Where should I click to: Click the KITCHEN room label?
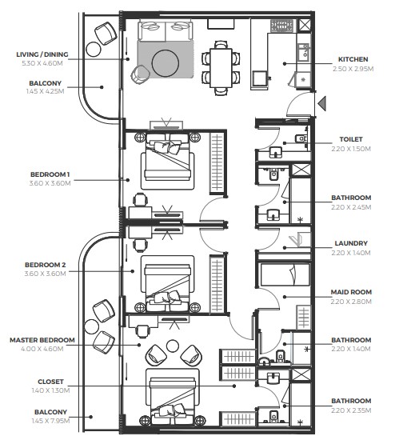click(353, 59)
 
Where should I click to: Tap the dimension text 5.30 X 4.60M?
click(42, 63)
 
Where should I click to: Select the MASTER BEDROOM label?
click(42, 340)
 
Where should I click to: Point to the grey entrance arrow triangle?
click(321, 103)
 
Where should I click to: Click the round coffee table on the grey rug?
click(166, 63)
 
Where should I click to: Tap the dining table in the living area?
click(221, 68)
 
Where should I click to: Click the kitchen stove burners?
click(281, 26)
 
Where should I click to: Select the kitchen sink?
click(304, 52)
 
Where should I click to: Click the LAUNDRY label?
click(351, 243)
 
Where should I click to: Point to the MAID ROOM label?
click(351, 292)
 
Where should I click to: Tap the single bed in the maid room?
click(285, 274)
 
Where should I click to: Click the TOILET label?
click(351, 139)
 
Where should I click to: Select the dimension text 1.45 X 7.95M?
click(50, 421)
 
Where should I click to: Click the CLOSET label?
click(50, 382)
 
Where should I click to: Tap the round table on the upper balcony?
click(94, 50)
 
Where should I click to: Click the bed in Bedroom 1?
click(168, 161)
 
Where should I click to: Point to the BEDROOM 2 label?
click(46, 265)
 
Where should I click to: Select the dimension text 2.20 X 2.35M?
click(351, 410)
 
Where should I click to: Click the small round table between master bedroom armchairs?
click(173, 346)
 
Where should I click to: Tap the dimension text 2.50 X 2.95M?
click(353, 69)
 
